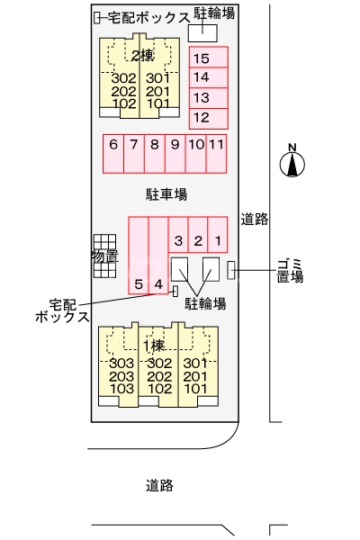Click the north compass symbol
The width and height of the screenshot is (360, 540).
[x=292, y=164]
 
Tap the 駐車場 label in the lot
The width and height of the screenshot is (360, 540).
[x=166, y=193]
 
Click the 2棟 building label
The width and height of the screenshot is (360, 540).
[x=142, y=56]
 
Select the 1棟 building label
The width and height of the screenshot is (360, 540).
[x=153, y=346]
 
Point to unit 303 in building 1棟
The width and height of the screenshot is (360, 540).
[x=121, y=363]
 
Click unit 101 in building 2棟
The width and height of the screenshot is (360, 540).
[x=158, y=103]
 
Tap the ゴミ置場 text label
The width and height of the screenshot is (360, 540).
[x=290, y=269]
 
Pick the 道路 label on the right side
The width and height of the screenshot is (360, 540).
[x=254, y=219]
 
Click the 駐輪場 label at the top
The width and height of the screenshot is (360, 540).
[x=215, y=13]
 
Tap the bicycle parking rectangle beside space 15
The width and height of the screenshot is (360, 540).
[x=202, y=31]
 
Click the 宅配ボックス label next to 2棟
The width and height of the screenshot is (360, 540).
[x=148, y=17]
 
